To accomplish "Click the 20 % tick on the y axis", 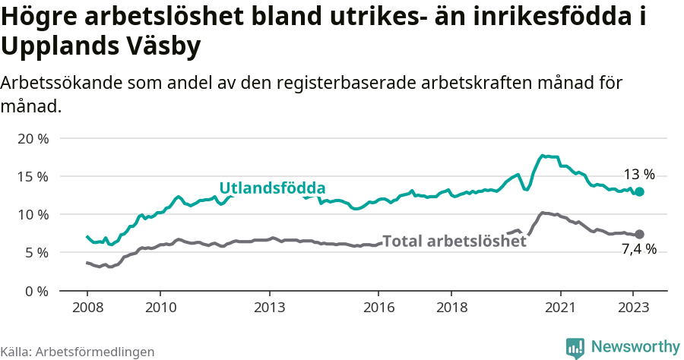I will click(33, 138).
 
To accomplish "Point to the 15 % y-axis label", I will click(33, 176).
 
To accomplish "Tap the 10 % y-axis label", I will click(33, 214).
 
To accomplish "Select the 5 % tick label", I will click(36, 252).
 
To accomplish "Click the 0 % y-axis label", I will click(36, 290).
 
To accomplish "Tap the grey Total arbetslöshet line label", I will click(454, 242).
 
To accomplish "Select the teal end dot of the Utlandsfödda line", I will click(639, 192).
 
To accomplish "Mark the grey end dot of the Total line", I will click(639, 234).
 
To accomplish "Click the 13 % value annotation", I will click(639, 174).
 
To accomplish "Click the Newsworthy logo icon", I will click(575, 348).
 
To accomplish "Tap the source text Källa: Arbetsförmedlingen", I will click(78, 352).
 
